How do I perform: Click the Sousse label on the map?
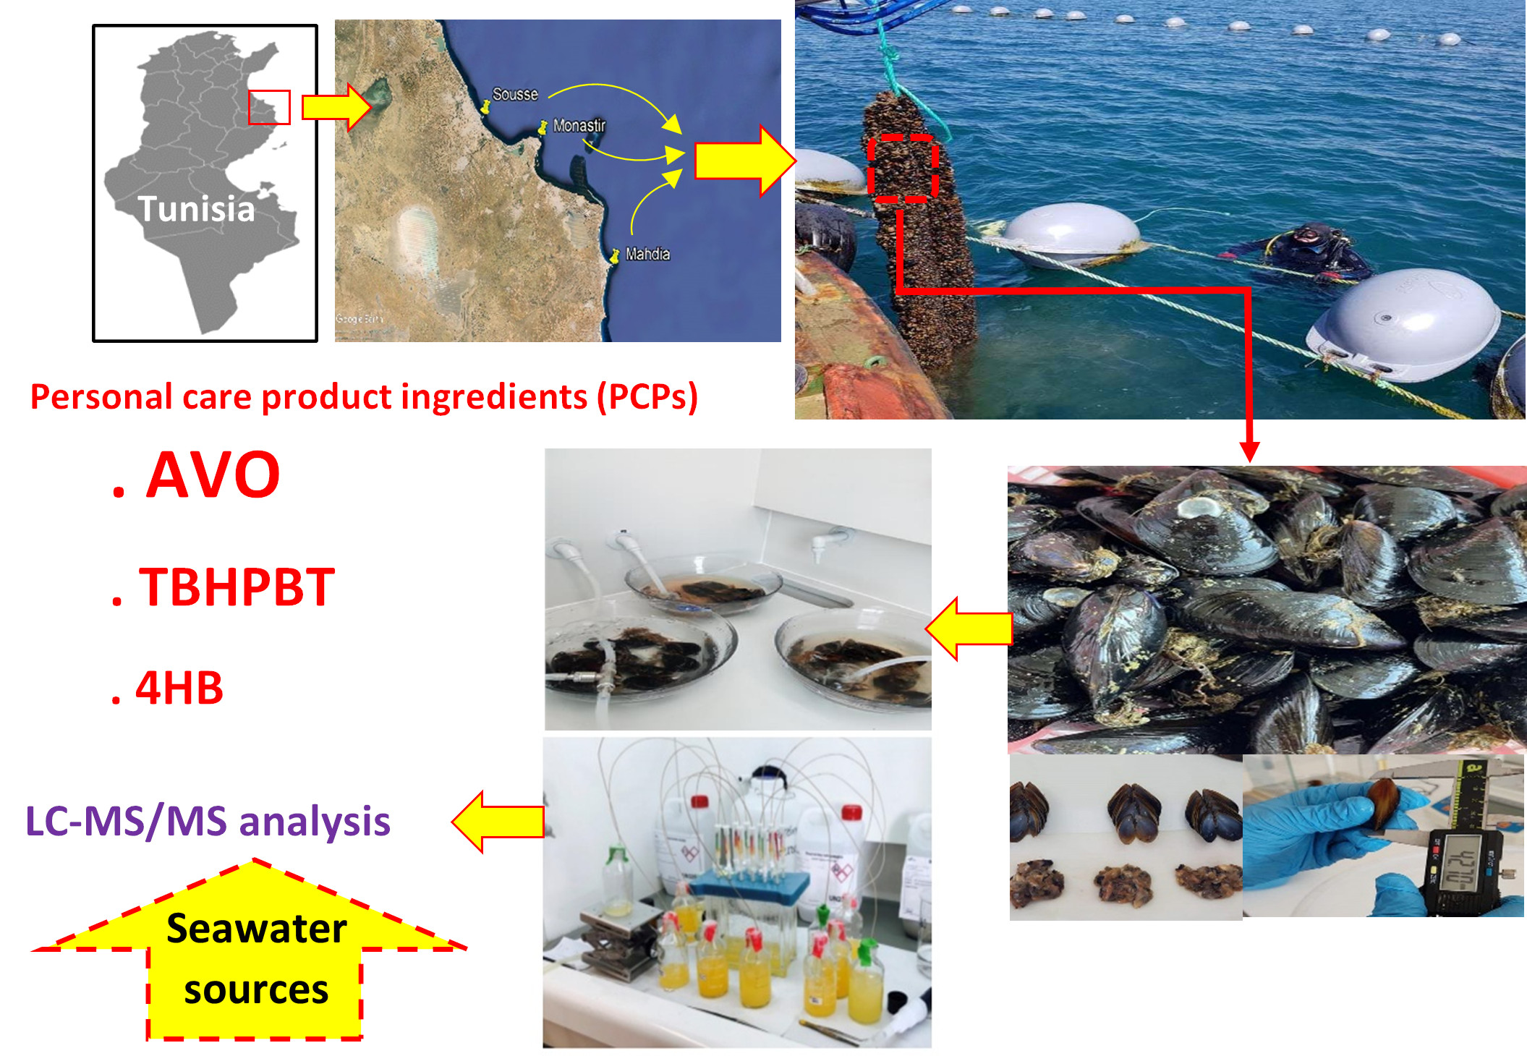[515, 95]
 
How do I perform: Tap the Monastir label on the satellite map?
[579, 126]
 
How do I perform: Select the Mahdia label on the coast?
[647, 254]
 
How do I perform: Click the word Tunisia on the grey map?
[197, 209]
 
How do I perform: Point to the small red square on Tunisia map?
[269, 107]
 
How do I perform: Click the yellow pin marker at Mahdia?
[615, 255]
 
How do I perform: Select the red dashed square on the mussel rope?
[903, 168]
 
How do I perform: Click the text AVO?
[213, 475]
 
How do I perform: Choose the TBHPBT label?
[237, 587]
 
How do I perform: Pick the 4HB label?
[179, 688]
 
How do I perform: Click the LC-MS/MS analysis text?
[208, 822]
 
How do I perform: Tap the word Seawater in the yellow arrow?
[257, 929]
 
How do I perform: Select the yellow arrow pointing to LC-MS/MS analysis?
[499, 821]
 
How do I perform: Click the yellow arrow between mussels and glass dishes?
[969, 629]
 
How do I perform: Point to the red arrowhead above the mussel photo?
[1249, 451]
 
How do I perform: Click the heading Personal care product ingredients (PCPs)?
[364, 397]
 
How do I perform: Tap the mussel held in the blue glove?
[1383, 803]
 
